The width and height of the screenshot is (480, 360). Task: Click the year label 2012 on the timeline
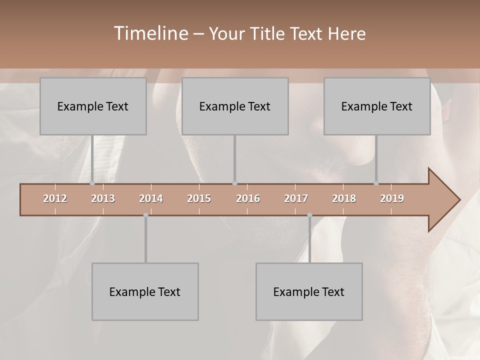click(x=55, y=198)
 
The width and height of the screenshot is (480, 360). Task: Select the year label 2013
click(x=103, y=198)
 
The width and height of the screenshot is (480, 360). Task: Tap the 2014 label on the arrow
click(x=151, y=198)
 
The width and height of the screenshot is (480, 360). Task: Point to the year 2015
click(x=199, y=198)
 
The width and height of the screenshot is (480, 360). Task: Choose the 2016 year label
click(x=248, y=198)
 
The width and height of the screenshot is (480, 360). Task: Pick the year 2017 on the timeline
click(x=296, y=198)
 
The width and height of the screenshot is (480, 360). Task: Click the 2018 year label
click(x=344, y=198)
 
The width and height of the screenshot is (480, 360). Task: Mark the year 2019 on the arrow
click(x=392, y=198)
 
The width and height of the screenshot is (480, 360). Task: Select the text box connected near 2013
click(x=93, y=106)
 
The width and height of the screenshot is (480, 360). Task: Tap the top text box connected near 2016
click(x=235, y=106)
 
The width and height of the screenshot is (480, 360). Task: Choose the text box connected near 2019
click(x=377, y=106)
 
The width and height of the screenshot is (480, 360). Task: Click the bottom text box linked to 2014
click(x=145, y=291)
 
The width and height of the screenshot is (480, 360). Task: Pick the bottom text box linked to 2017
click(x=309, y=291)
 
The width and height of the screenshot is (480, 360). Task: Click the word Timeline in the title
click(x=150, y=33)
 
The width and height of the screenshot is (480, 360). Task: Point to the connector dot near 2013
click(x=92, y=183)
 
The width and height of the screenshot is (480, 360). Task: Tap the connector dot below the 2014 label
click(x=145, y=215)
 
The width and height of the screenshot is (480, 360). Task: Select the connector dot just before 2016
click(x=234, y=183)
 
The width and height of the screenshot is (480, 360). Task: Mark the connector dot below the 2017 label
click(x=309, y=215)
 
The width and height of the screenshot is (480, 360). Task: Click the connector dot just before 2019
click(x=376, y=183)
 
